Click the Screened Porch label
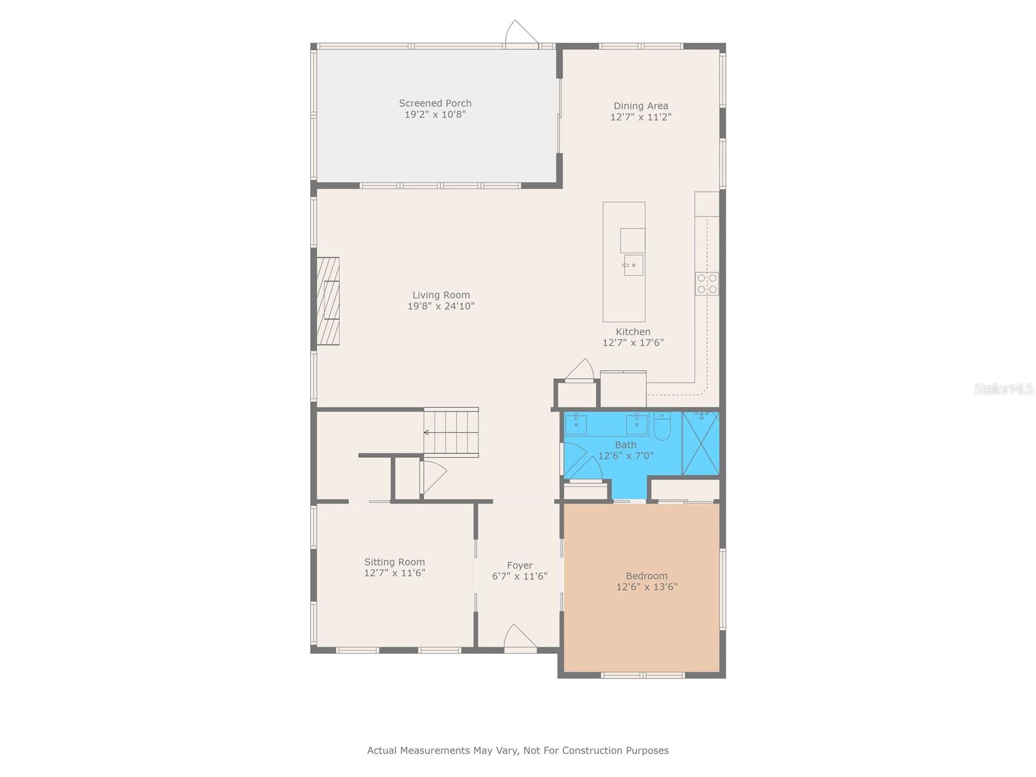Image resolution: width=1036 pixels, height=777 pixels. [435, 104]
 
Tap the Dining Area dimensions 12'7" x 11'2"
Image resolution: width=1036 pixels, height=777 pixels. [640, 117]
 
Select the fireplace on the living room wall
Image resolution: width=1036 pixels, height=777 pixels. [328, 301]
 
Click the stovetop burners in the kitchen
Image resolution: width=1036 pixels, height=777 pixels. [706, 284]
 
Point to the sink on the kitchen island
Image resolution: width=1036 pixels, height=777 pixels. [633, 265]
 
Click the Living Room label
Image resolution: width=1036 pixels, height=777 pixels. [441, 295]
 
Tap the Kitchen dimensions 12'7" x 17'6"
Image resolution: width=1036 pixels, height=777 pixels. [633, 343]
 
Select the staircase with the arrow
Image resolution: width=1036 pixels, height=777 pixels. [451, 432]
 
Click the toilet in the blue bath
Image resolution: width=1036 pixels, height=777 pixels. [662, 428]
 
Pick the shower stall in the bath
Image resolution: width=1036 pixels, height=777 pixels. [701, 444]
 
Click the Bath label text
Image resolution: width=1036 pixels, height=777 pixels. [625, 445]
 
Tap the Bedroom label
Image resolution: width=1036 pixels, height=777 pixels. [646, 576]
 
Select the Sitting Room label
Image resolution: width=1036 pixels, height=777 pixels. [394, 562]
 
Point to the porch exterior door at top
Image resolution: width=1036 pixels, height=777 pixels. [521, 34]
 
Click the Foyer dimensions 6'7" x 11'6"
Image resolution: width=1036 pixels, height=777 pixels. [519, 576]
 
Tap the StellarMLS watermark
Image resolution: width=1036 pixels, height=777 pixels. [1003, 388]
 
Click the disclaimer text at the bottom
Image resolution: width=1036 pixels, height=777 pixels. [518, 750]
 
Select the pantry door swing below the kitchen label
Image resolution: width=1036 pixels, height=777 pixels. [580, 370]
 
